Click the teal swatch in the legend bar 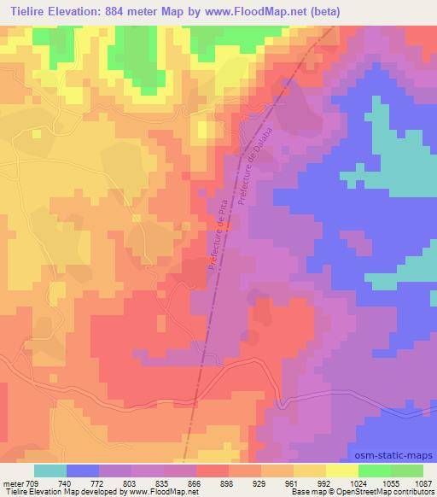tap(50, 471)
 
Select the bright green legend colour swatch tap(375, 471)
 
